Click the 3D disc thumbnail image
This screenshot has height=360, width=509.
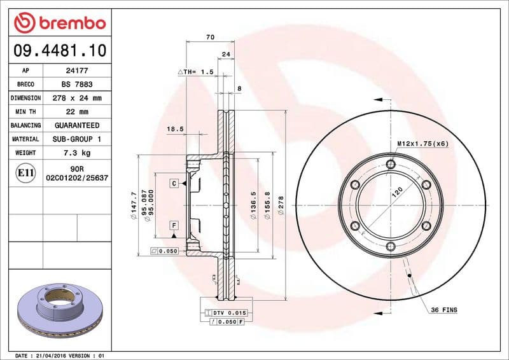pos(59,312)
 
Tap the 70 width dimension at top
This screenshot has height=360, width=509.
pos(210,38)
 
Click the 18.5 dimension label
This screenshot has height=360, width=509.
pos(175,129)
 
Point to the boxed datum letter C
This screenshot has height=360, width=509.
pos(173,183)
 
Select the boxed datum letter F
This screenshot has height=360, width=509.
pos(173,225)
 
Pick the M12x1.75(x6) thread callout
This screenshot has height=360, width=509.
pos(422,144)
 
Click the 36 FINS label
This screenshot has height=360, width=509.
pos(443,310)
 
